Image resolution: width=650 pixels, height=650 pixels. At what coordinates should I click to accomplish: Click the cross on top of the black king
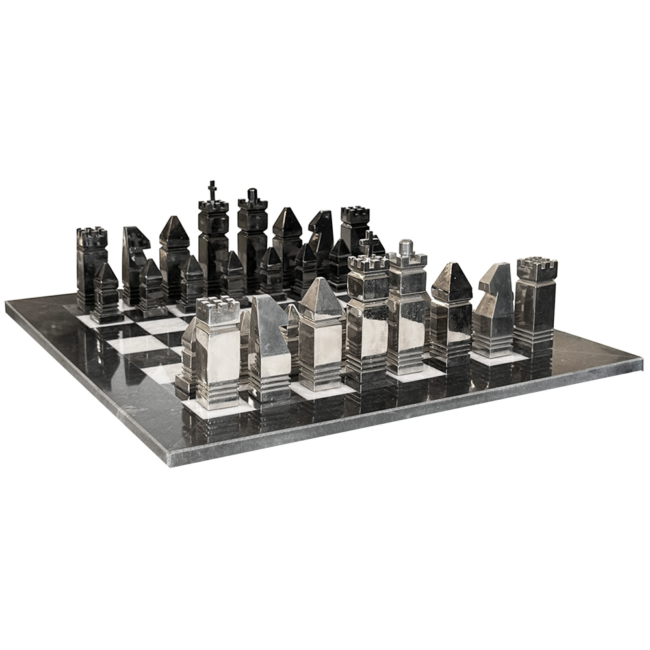click(212, 190)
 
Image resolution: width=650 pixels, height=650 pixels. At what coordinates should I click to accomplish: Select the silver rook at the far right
click(536, 305)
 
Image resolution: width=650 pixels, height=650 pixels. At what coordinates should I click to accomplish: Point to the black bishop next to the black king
click(174, 253)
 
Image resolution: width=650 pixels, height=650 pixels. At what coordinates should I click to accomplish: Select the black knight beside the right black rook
click(321, 237)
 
